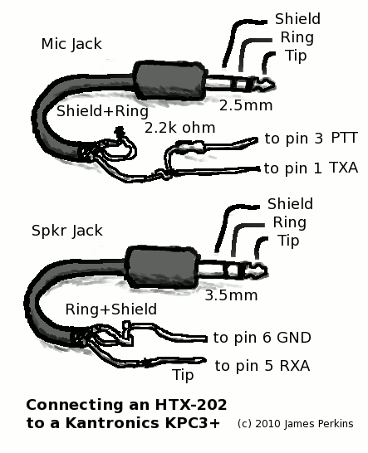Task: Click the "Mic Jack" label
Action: coord(71,44)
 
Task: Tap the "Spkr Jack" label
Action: coord(67,231)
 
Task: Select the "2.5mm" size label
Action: coord(246,105)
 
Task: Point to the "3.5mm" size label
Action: coord(231,295)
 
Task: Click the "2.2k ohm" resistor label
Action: coord(180,128)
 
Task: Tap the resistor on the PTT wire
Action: coord(191,147)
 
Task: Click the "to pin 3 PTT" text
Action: coord(312,138)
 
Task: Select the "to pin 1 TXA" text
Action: coord(311,168)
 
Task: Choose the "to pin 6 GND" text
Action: coord(263,338)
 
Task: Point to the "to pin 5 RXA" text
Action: coord(263,366)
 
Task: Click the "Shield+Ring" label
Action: coord(102,111)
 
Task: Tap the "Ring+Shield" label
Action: coord(111,309)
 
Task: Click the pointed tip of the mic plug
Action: coord(273,85)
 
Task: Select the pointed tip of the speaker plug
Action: coord(266,270)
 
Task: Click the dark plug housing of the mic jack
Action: coord(169,81)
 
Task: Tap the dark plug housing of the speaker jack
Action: coord(162,267)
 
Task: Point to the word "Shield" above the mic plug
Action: coord(297,19)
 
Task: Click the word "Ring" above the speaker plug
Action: coord(290,222)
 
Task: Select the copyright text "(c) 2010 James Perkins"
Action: coord(296,424)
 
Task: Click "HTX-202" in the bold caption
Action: coord(191,405)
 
